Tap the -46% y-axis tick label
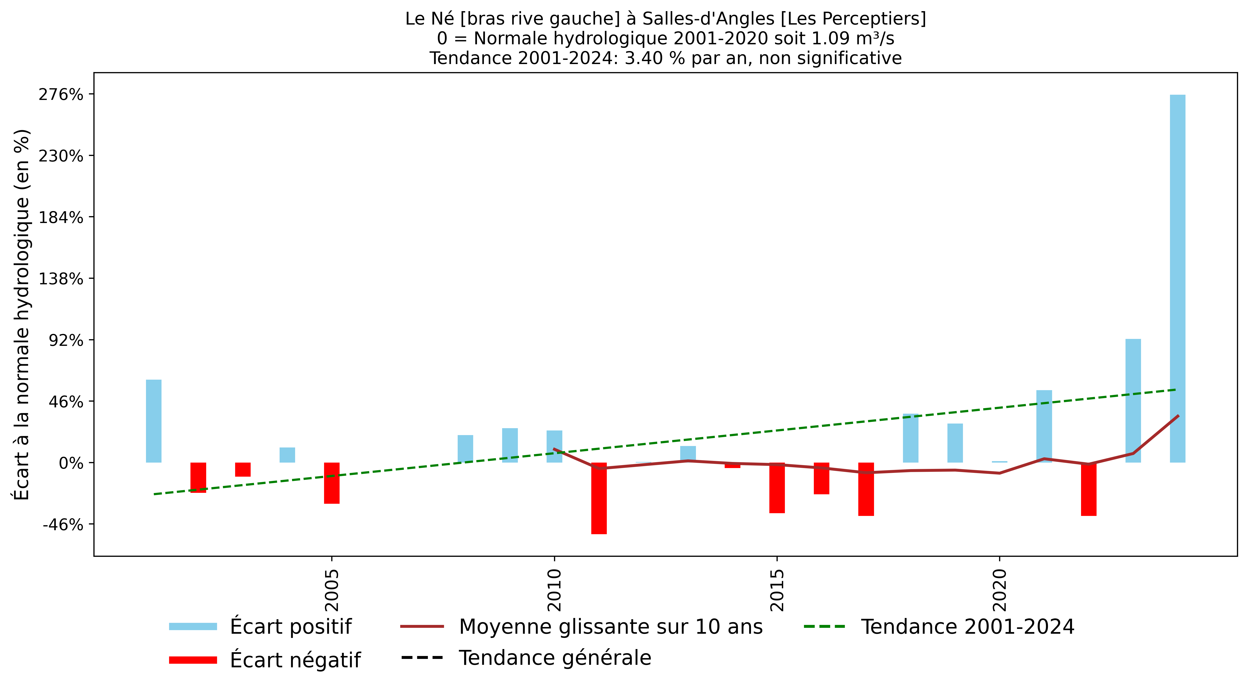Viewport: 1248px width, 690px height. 63,525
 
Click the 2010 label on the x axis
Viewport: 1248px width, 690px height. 554,590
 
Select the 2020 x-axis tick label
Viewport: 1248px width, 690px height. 999,590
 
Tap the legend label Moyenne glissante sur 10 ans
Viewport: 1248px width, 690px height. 610,626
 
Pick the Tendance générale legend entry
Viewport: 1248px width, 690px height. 555,658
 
